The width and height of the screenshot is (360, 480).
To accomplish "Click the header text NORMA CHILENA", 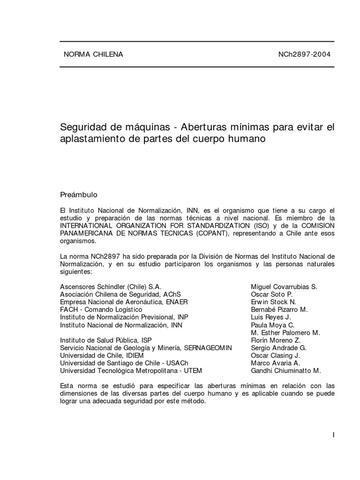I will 93,54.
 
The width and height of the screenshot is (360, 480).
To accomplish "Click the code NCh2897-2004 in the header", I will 304,54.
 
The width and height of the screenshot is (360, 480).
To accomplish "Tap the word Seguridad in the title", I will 82,127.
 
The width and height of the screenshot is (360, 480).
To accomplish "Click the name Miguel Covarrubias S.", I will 284,287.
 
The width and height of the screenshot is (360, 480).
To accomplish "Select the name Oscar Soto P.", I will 271,294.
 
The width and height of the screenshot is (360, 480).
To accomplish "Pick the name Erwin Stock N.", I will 274,302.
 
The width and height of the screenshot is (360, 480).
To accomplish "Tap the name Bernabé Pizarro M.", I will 279,309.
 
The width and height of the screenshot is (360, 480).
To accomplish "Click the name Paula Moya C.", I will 273,325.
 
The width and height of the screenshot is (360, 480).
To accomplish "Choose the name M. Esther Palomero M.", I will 285,332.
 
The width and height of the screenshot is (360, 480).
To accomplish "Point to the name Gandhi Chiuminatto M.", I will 286,370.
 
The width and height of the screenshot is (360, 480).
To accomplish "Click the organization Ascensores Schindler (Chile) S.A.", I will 111,287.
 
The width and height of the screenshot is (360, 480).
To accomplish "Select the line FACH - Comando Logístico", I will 101,309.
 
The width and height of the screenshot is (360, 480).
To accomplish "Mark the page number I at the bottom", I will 333,435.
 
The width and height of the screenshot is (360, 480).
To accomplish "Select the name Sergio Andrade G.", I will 278,348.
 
